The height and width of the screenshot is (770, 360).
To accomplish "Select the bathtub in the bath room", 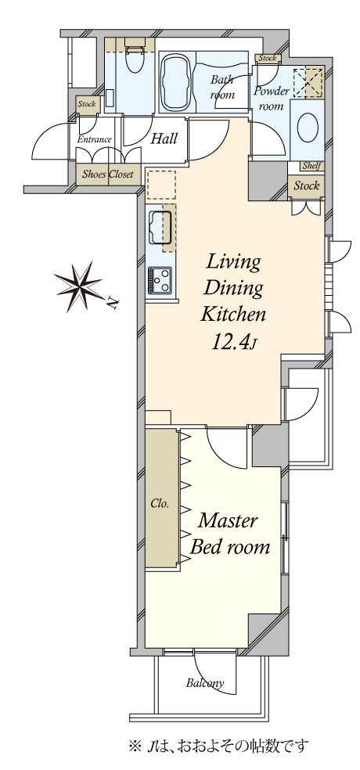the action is pyautogui.click(x=176, y=82).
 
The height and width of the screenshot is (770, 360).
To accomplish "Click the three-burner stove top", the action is pyautogui.click(x=160, y=280).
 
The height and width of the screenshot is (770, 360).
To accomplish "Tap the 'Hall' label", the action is pyautogui.click(x=164, y=139).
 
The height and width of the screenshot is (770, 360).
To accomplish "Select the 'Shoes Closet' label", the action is pyautogui.click(x=107, y=174).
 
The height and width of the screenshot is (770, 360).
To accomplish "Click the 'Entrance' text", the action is pyautogui.click(x=94, y=139).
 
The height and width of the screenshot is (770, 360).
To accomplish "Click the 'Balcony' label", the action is pyautogui.click(x=205, y=682).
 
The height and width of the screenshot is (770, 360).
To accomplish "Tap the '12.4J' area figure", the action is pyautogui.click(x=234, y=342).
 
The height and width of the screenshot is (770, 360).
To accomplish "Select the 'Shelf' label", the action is pyautogui.click(x=311, y=166).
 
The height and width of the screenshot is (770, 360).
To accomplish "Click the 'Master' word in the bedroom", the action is pyautogui.click(x=227, y=521).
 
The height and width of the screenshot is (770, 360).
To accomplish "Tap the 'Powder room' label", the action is pyautogui.click(x=271, y=99).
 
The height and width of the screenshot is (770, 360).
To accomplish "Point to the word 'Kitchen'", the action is pyautogui.click(x=233, y=314).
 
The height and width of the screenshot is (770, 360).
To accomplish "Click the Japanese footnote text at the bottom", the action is pyautogui.click(x=219, y=747).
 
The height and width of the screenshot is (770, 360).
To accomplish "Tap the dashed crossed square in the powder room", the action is pyautogui.click(x=308, y=81).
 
